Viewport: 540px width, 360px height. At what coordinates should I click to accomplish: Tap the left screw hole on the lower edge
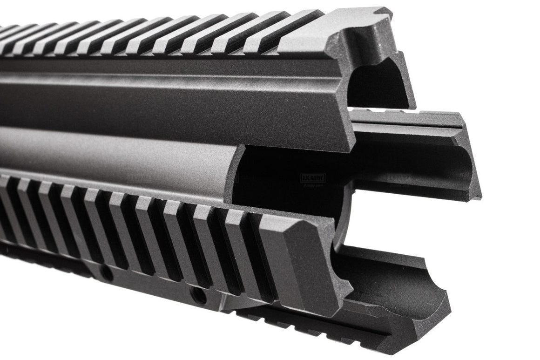click(106, 274)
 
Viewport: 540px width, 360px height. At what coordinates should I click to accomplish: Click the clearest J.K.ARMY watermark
click(313, 178)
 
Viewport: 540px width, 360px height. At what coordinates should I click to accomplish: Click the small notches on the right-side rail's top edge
click(400, 113)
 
